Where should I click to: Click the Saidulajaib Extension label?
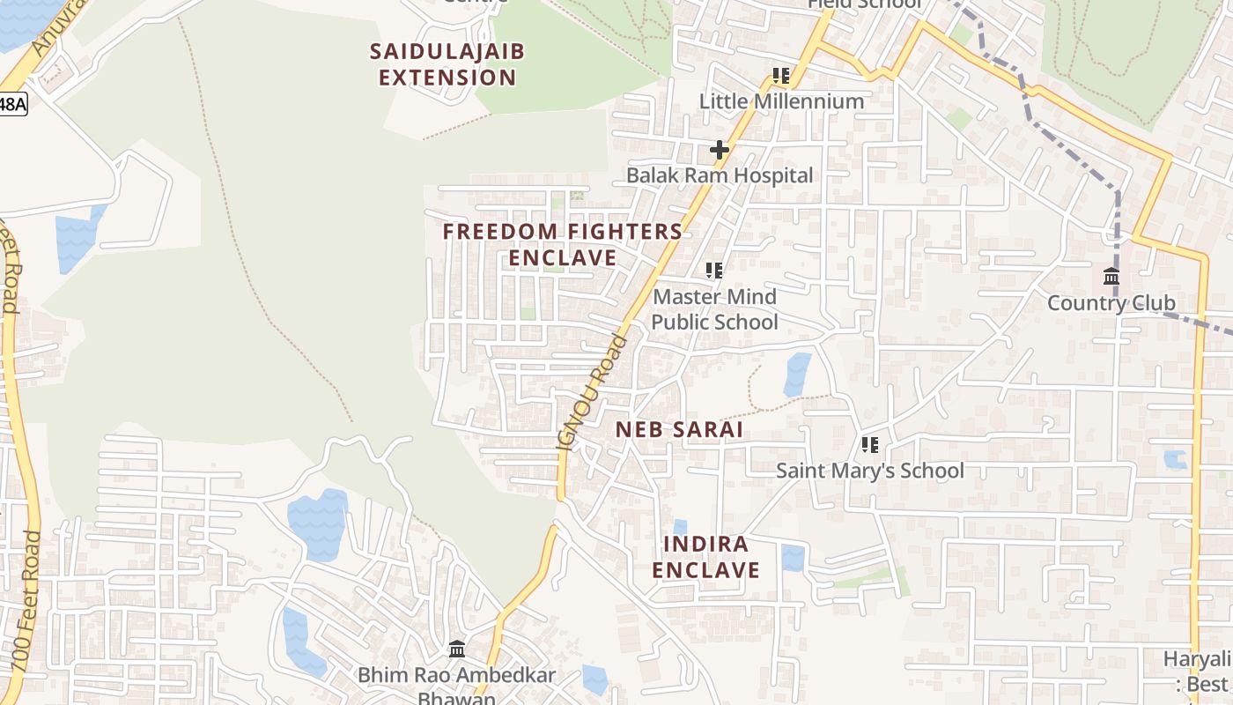coord(447,64)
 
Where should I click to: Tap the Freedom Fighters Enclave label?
coord(562,244)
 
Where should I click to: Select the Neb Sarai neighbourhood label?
coord(679,430)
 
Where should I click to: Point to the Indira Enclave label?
coord(705,557)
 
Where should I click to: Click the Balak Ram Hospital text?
coord(719,175)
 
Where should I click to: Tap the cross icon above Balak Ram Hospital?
coord(719,150)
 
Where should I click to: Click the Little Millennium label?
coord(781,101)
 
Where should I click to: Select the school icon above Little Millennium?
coord(781,76)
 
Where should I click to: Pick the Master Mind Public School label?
coord(714,309)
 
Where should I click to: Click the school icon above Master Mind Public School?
coord(714,271)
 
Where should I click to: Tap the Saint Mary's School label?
coord(869,471)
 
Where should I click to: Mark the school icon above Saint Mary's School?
coord(870,445)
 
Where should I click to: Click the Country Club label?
coord(1111,303)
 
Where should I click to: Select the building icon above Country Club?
coord(1111,277)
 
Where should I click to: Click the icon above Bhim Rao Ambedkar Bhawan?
coord(457,649)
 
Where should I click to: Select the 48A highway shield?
coord(12,104)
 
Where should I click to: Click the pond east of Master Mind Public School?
coord(798,375)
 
